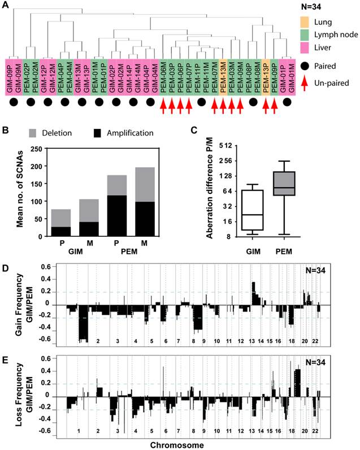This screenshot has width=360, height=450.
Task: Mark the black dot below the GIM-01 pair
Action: click(x=288, y=103)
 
